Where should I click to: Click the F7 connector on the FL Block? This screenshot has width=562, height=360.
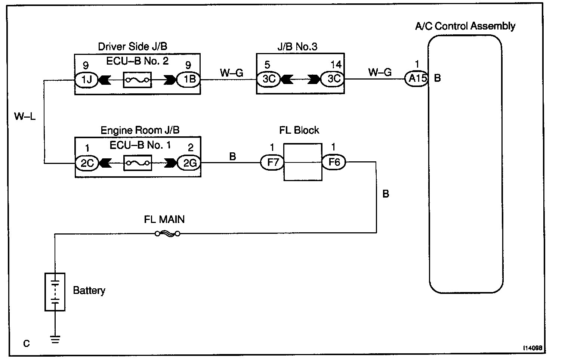[x=272, y=162]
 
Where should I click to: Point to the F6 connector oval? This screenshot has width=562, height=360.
[x=334, y=162]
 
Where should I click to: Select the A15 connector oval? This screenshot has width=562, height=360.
[x=417, y=79]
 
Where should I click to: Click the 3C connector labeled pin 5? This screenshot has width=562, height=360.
[x=268, y=79]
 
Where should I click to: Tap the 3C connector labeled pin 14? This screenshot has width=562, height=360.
[x=334, y=79]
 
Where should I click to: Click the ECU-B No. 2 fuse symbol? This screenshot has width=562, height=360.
[x=137, y=80]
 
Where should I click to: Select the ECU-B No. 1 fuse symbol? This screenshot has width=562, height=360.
[x=138, y=163]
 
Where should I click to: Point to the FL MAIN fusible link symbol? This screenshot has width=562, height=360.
[x=167, y=234]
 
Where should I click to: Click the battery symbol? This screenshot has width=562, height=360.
[x=55, y=292]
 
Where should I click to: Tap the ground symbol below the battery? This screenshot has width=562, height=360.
[x=55, y=339]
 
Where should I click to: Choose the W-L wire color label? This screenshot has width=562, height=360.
[x=25, y=117]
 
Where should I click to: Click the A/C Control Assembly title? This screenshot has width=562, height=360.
[x=465, y=26]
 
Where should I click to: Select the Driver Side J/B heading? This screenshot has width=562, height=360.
[x=132, y=46]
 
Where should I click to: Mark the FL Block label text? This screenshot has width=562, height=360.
[x=299, y=130]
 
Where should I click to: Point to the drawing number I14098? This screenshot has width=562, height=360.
[x=532, y=348]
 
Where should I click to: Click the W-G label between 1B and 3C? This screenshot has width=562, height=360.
[x=231, y=72]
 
